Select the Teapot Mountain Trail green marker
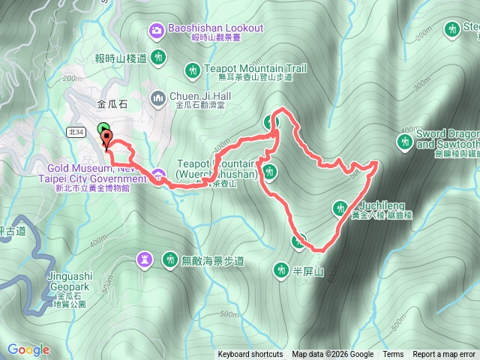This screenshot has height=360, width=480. click(191, 71)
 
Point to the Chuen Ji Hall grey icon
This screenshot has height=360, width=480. click(158, 97)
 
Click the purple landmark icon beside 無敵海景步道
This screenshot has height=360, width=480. click(143, 259)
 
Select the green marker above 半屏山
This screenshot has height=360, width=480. click(298, 241)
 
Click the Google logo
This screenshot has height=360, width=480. click(28, 349)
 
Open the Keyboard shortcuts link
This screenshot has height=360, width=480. click(250, 355)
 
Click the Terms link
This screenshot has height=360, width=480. click(393, 355)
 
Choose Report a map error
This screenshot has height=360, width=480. click(444, 355)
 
